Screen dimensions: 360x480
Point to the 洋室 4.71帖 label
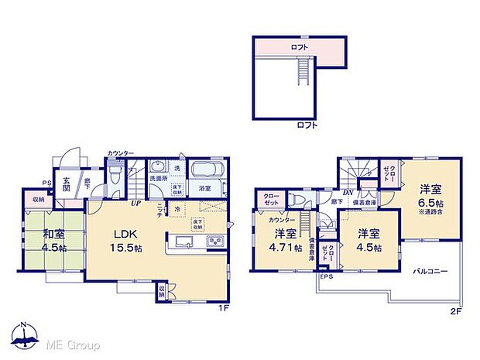click(284, 239)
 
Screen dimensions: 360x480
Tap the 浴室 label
click(205, 187)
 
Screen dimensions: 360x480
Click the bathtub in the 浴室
click(206, 170)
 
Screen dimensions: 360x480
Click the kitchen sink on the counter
click(186, 242)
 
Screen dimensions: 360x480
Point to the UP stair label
click(135, 203)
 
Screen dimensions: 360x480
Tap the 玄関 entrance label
click(67, 185)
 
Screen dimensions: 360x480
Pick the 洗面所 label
click(159, 179)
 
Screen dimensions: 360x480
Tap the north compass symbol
click(25, 337)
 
